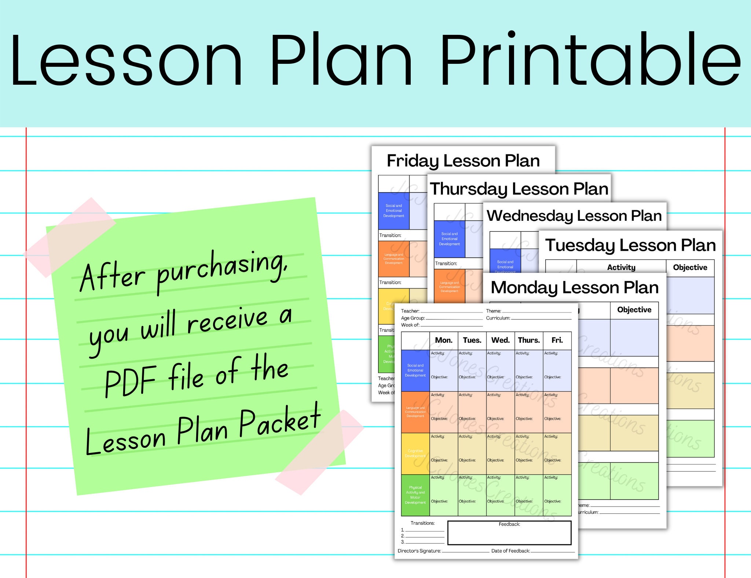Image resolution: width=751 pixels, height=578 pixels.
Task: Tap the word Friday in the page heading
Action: (x=413, y=161)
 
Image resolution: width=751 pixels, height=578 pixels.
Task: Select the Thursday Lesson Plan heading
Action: (x=519, y=189)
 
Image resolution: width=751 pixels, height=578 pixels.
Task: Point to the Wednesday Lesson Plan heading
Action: (x=574, y=216)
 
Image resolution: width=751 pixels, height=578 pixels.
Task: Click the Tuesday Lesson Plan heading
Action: (x=630, y=245)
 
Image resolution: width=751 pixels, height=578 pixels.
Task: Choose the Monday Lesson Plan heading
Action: (x=575, y=288)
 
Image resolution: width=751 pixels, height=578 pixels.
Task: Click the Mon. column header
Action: (x=444, y=340)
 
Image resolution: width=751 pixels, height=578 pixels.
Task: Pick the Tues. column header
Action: (x=472, y=340)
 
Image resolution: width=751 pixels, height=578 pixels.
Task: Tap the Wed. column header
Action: (x=501, y=340)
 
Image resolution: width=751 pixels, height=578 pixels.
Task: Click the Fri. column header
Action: (x=557, y=340)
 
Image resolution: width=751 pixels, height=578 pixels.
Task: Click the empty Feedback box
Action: (x=509, y=535)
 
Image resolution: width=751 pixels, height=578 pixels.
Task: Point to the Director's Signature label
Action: (x=420, y=551)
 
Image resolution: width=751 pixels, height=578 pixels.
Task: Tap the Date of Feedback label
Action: (x=510, y=551)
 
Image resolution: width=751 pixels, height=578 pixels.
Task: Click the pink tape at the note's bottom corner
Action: (x=319, y=452)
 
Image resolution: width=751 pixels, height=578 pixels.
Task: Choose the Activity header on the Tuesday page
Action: (x=621, y=268)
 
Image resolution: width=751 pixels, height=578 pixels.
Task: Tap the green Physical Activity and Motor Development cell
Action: (x=415, y=495)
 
